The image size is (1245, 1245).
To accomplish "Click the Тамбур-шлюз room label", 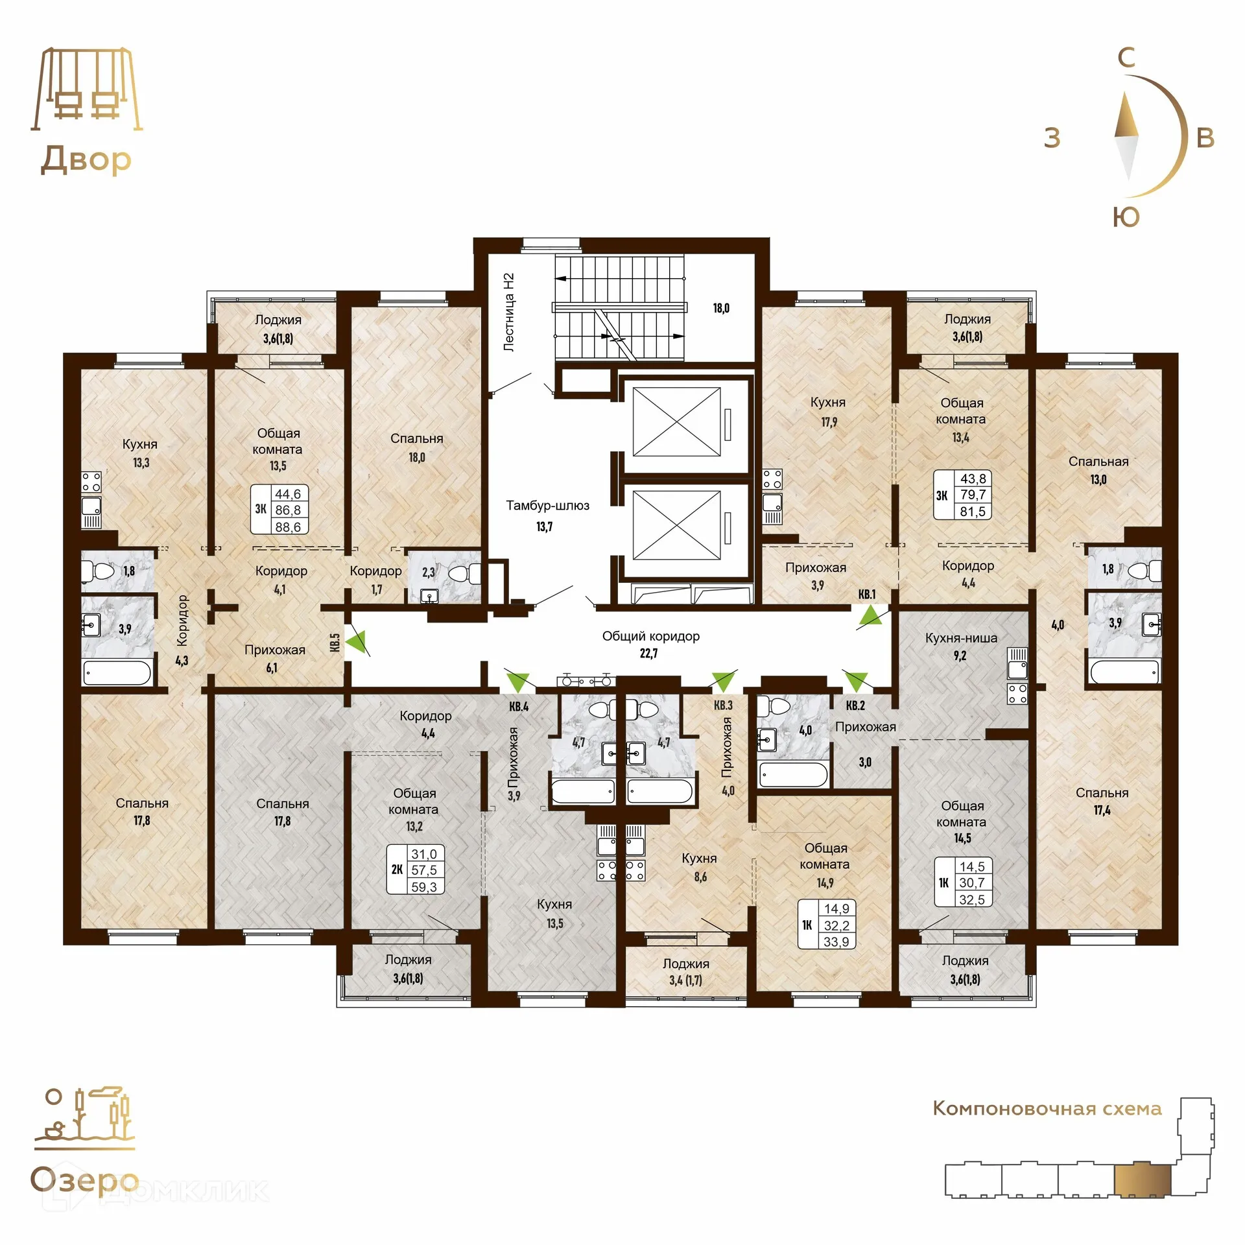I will [x=547, y=506].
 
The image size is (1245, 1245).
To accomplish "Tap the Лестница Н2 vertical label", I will [x=510, y=312].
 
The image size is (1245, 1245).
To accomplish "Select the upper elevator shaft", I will [x=676, y=422].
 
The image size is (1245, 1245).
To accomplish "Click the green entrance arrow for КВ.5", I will [x=355, y=642].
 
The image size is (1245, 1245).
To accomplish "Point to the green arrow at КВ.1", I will [x=870, y=615].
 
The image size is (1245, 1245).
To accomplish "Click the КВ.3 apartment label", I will [x=723, y=705].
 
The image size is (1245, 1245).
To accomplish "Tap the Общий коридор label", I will [x=650, y=636].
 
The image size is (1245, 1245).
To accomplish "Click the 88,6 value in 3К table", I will [x=288, y=527].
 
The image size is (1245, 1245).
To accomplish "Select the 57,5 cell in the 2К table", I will [x=424, y=870].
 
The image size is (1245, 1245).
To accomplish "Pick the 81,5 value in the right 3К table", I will [x=973, y=512].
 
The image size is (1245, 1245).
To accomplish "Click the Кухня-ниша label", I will [x=961, y=638].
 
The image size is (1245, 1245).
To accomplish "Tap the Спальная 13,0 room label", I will [x=1098, y=462].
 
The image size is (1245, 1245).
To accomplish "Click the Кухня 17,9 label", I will [x=828, y=403].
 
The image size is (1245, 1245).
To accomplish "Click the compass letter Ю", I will [x=1126, y=218].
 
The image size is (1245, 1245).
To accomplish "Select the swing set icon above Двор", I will [x=87, y=89].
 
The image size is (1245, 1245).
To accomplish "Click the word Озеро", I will [x=84, y=1181].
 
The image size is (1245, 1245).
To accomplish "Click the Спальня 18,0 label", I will [x=416, y=439].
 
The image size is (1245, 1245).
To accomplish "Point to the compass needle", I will [x=1127, y=137].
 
